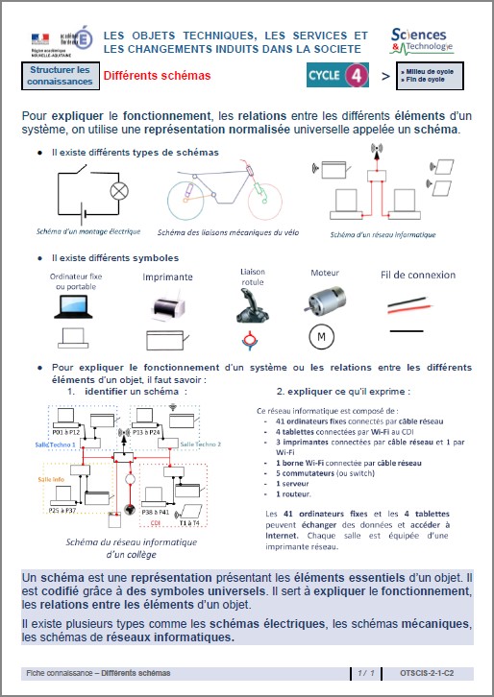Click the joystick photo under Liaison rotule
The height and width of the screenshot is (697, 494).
254,304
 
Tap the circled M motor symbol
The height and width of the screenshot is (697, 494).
322,338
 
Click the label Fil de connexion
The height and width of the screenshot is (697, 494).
418,275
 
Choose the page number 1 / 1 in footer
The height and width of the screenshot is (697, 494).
364,675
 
